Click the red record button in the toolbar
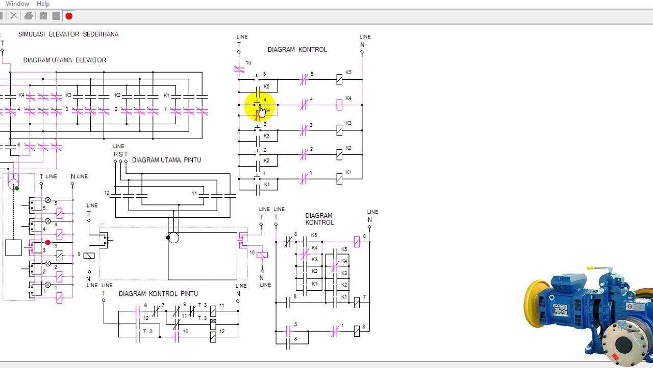(x=69, y=16)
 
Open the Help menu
(x=43, y=4)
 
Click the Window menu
(x=17, y=4)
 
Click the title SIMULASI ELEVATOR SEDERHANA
(x=68, y=34)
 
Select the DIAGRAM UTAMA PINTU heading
(x=166, y=160)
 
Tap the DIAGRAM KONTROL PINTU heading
(x=158, y=294)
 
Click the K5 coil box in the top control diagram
(x=339, y=79)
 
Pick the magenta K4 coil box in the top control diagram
(x=339, y=105)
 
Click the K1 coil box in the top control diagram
(x=339, y=179)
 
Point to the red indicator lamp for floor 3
(x=48, y=242)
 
